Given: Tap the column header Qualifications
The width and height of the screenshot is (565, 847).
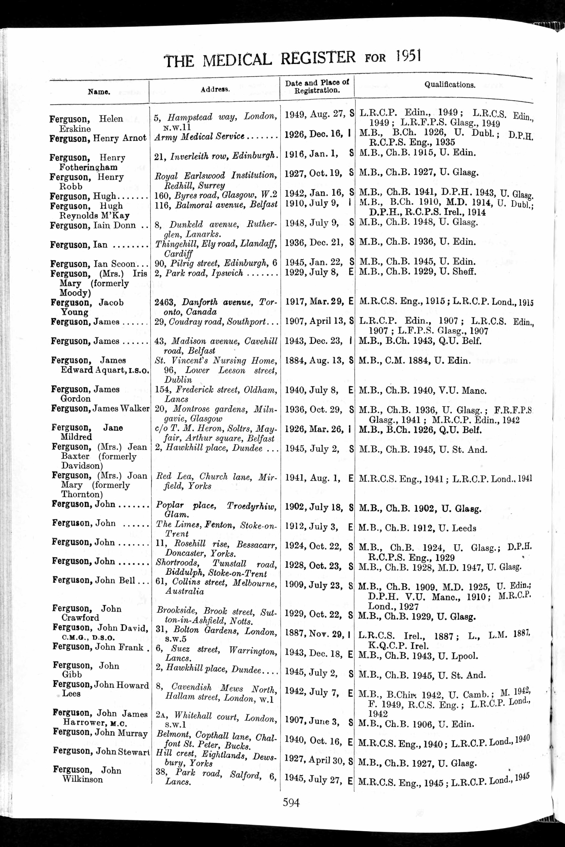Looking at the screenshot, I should (x=450, y=85).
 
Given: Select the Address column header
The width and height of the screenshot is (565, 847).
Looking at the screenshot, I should (x=215, y=90).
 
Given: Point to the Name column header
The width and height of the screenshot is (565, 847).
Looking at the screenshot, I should (x=99, y=91).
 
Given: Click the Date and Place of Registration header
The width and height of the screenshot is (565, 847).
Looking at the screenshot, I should (x=317, y=86).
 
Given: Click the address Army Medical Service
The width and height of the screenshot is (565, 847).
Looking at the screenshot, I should (x=200, y=137).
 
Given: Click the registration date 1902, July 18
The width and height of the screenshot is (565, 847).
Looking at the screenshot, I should (x=314, y=507).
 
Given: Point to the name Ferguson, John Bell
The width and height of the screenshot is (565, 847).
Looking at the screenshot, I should (x=94, y=580).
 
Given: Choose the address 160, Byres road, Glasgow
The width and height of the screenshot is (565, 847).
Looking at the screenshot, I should (x=215, y=195).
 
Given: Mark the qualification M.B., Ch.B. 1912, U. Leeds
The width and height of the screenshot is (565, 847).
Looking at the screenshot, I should (x=417, y=528).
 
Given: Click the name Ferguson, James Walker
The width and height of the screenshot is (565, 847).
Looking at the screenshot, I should (x=100, y=408).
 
